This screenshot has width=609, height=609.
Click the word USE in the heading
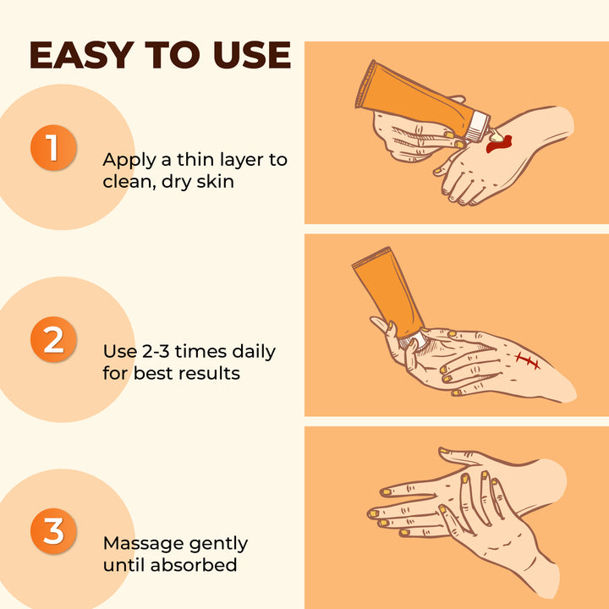coord(252,55)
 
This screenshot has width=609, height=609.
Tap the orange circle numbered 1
coord(53,147)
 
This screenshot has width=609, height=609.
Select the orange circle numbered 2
coord(53,339)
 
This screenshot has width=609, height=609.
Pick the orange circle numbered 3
coord(53,531)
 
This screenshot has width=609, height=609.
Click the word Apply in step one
coord(129,161)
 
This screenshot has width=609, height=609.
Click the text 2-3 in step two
coord(156,352)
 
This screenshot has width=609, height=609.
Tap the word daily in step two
coord(254,353)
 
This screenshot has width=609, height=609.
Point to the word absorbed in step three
coord(194,564)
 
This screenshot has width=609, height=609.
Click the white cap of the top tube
coord(477,126)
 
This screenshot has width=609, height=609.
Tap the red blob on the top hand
coord(499,143)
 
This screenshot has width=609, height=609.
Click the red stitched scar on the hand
coord(528,360)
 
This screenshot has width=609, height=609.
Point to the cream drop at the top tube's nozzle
coord(497,135)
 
